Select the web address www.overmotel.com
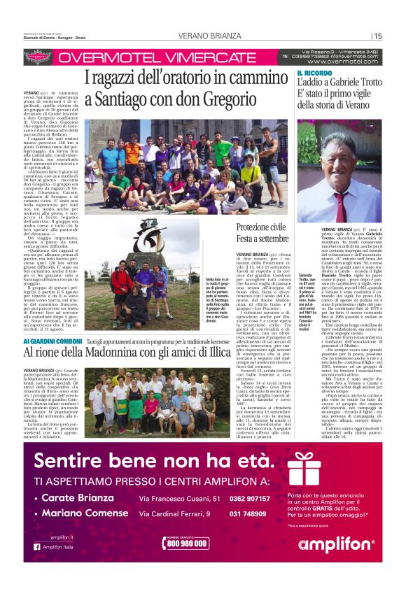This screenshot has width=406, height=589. (342, 62)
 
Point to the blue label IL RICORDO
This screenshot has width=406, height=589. (313, 73)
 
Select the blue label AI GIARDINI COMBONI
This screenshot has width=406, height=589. (55, 341)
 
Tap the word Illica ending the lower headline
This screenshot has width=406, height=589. (216, 354)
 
